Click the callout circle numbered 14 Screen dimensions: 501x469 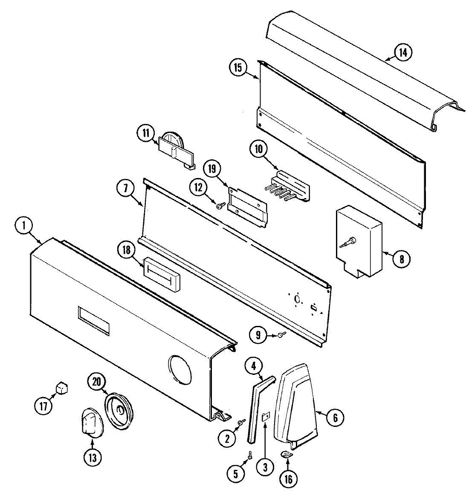[x=403, y=52]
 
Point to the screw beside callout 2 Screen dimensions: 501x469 [x=241, y=422]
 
